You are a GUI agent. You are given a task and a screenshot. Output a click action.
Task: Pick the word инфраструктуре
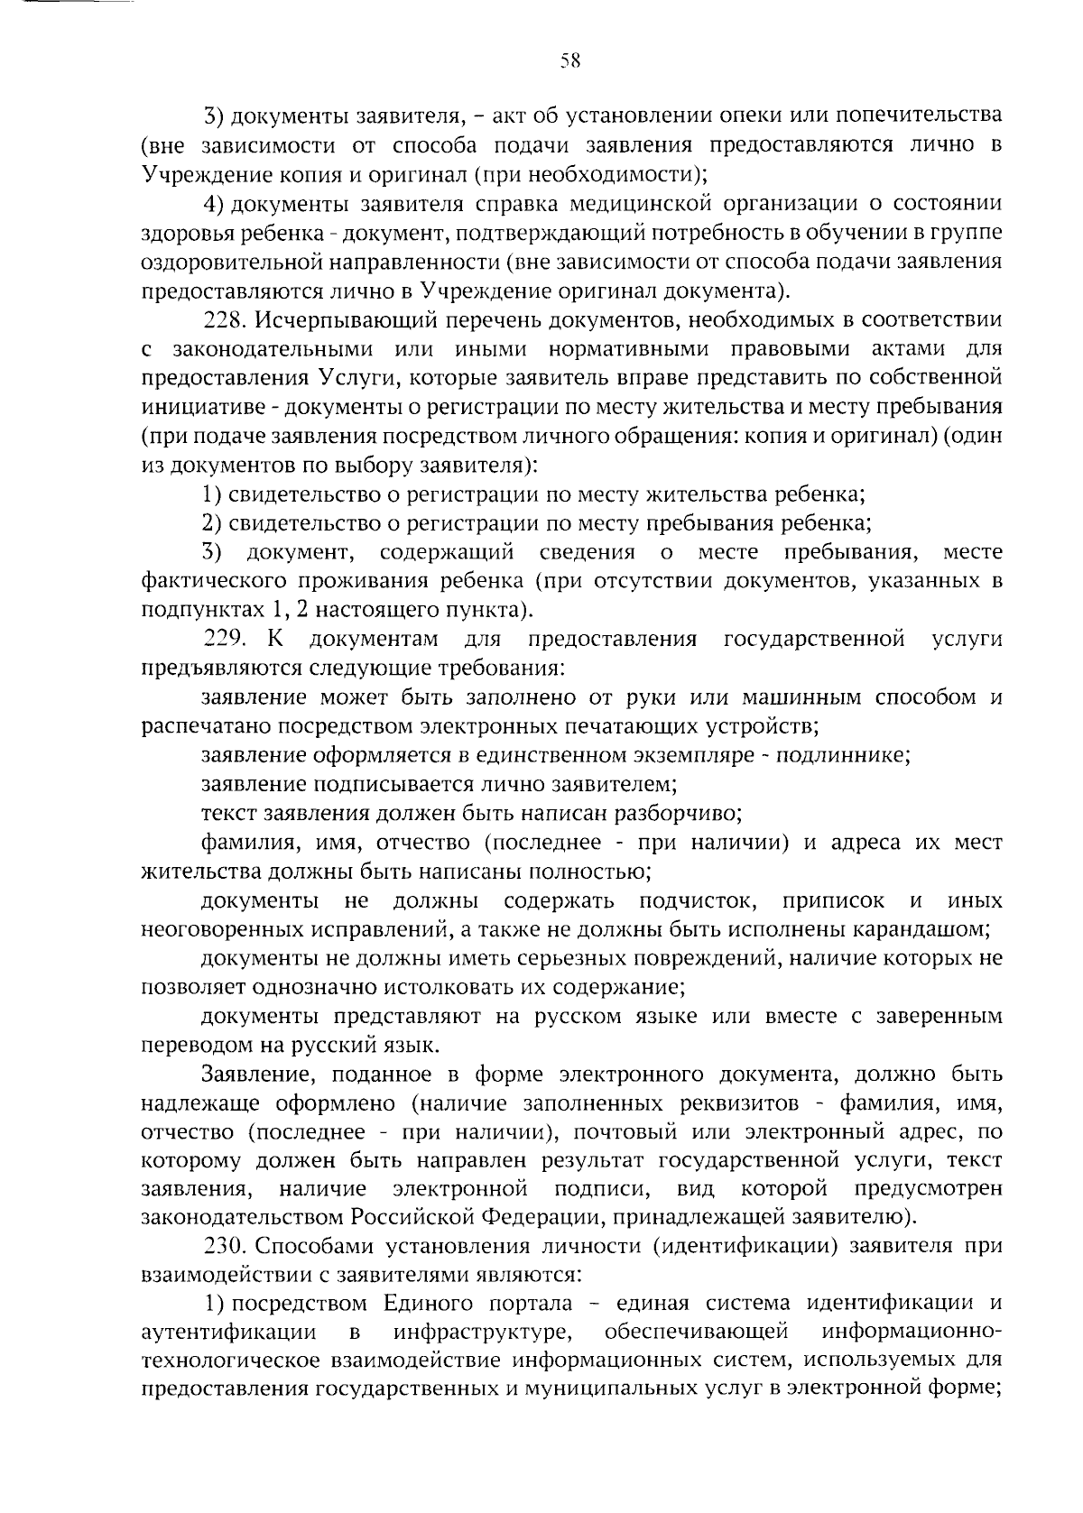(x=487, y=1333)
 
